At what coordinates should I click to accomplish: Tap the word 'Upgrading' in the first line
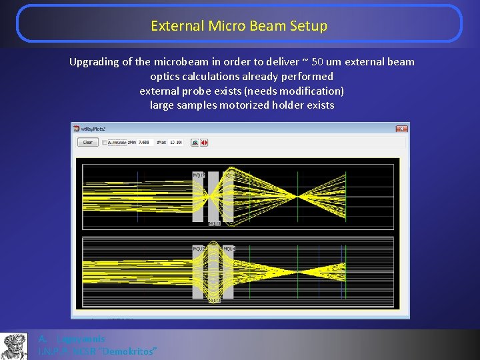[94, 62]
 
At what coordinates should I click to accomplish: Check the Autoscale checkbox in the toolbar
[105, 142]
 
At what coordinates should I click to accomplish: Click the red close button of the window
[401, 127]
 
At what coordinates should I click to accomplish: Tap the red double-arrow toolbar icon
[204, 142]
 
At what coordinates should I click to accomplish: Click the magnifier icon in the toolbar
[194, 142]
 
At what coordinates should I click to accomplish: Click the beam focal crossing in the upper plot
[296, 195]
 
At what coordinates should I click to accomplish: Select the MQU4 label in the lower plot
[228, 249]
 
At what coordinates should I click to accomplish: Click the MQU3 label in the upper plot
[214, 223]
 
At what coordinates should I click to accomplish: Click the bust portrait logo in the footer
[14, 346]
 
